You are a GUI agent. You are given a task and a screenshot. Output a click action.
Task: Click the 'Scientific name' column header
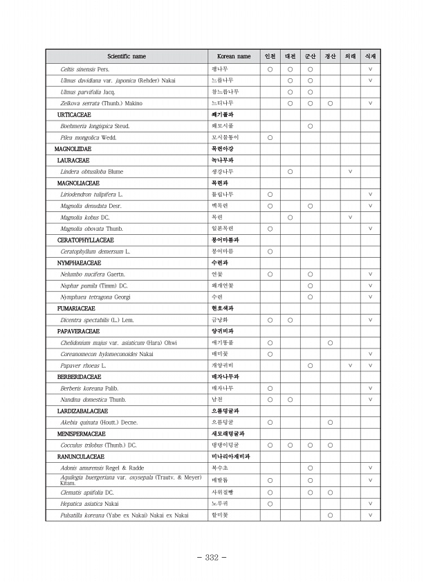tap(126, 56)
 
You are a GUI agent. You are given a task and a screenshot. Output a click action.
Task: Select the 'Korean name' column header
tap(234, 56)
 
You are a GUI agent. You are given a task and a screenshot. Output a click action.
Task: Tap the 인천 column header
tap(270, 56)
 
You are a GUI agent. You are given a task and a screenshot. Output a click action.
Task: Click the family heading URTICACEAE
tap(74, 114)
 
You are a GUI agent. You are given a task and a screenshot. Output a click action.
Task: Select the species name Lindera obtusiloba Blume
tap(92, 171)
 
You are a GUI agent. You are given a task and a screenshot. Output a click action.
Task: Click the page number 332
tap(212, 558)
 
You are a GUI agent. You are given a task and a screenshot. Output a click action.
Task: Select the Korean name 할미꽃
tap(219, 515)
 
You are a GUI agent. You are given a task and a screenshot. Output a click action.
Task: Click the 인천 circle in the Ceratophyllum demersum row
tap(270, 251)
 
